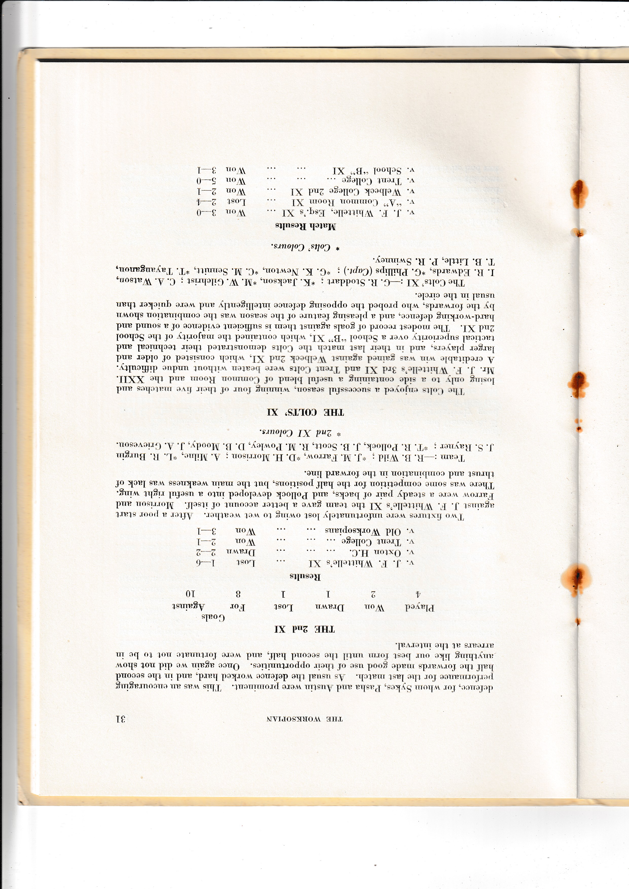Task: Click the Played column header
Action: pos(420,608)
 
